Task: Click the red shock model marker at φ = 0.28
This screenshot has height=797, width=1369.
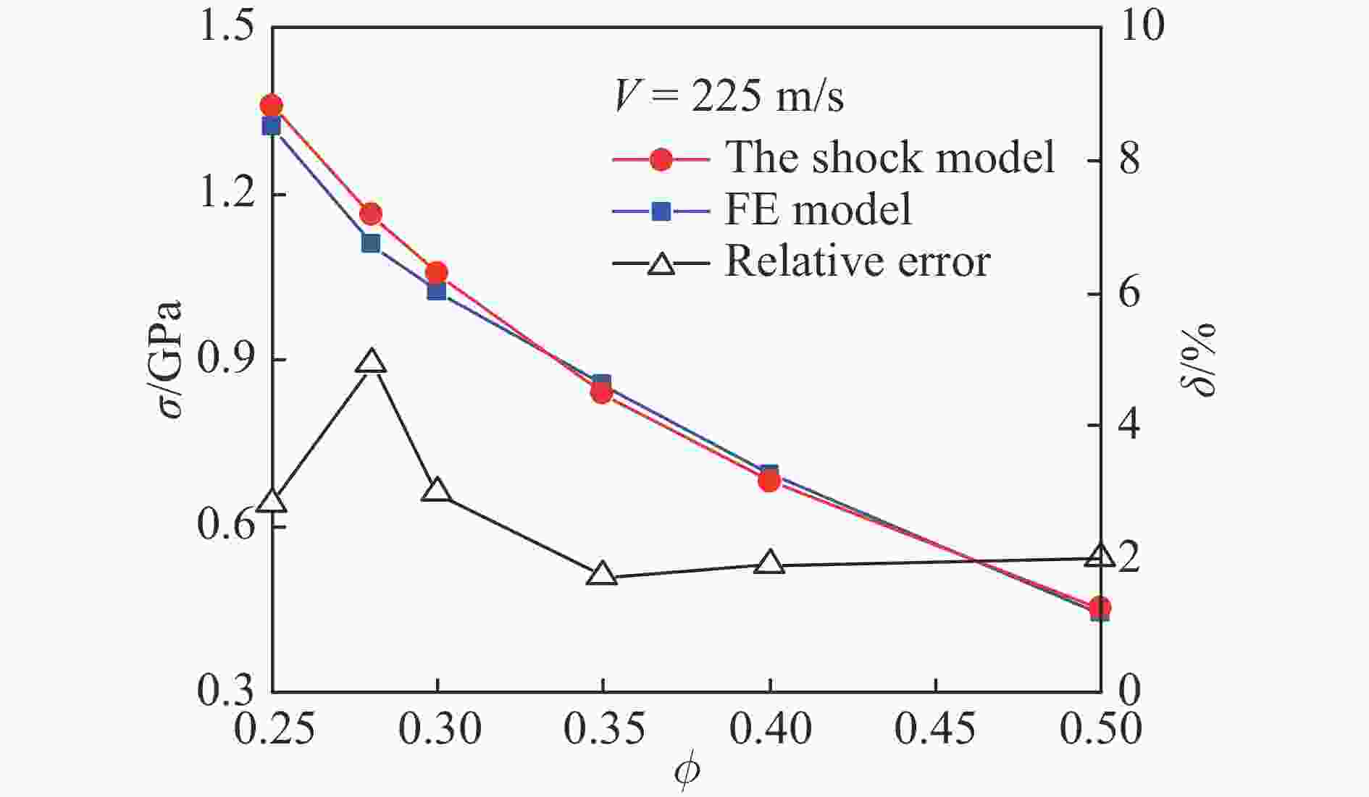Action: pos(371,214)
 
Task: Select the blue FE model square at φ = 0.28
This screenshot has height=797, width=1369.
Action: pos(371,243)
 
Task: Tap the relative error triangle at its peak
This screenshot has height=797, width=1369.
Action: pos(371,361)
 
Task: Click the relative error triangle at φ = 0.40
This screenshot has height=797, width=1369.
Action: pos(769,562)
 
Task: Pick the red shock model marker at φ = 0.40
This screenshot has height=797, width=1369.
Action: pos(769,481)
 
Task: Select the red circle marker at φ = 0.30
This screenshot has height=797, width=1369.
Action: pos(436,273)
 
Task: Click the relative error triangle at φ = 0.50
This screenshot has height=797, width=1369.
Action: pos(1100,556)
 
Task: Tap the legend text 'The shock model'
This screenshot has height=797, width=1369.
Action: pos(890,157)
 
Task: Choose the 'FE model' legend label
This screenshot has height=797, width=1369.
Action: pos(819,210)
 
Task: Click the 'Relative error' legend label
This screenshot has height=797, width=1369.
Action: pos(858,261)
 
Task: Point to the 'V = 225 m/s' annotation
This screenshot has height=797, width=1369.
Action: pos(729,96)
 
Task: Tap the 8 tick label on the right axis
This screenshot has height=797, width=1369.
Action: pos(1129,159)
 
